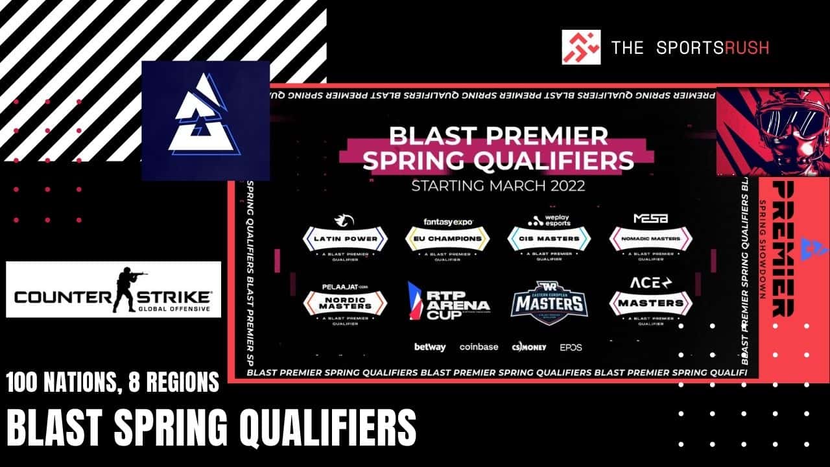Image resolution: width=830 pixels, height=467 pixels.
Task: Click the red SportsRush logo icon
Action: coord(581,47)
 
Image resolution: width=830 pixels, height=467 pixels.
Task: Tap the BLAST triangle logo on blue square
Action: coord(205,121)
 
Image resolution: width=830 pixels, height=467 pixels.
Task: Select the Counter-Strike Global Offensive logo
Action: coord(113,289)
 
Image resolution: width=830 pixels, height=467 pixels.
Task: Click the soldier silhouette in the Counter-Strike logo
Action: coord(129,289)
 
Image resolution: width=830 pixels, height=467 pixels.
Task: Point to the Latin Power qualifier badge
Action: coord(345,239)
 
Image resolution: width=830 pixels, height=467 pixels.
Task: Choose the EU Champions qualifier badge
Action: coord(447,239)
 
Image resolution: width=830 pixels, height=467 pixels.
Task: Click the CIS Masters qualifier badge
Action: coord(549,239)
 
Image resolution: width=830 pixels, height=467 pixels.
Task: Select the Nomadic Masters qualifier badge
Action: coord(650,239)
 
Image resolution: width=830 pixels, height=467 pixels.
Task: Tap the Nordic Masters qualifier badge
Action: coord(345,302)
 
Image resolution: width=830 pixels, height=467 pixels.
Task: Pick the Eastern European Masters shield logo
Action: coord(549,300)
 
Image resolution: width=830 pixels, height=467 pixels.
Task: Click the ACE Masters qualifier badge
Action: coord(650,302)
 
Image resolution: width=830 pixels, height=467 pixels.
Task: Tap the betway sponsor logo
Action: coord(430,347)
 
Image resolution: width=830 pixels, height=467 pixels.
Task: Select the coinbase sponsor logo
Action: coord(479,347)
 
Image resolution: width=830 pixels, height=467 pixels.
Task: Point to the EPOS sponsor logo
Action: coord(571,347)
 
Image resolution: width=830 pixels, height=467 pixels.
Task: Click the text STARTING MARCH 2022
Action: coord(498,186)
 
